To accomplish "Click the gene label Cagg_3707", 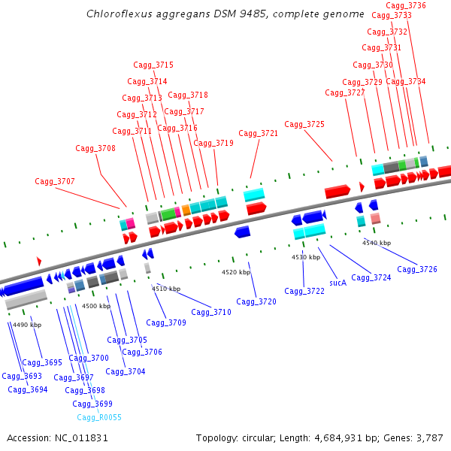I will [55, 181].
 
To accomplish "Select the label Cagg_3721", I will [259, 133].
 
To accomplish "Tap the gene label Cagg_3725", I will [304, 124].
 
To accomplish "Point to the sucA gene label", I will [337, 283].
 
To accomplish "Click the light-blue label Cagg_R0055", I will [99, 417].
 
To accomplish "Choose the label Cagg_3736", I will [406, 5].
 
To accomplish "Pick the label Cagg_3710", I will [211, 312].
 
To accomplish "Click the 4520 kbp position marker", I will [235, 272].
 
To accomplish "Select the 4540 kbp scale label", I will [377, 243].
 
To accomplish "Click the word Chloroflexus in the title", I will [117, 14].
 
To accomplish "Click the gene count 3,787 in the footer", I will [428, 437].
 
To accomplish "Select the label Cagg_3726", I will [417, 269].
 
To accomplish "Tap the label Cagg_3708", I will [95, 148].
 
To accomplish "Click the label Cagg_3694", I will [28, 389].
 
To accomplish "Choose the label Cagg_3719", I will [213, 143].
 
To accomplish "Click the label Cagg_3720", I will [256, 301].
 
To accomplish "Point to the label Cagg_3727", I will [345, 92].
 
